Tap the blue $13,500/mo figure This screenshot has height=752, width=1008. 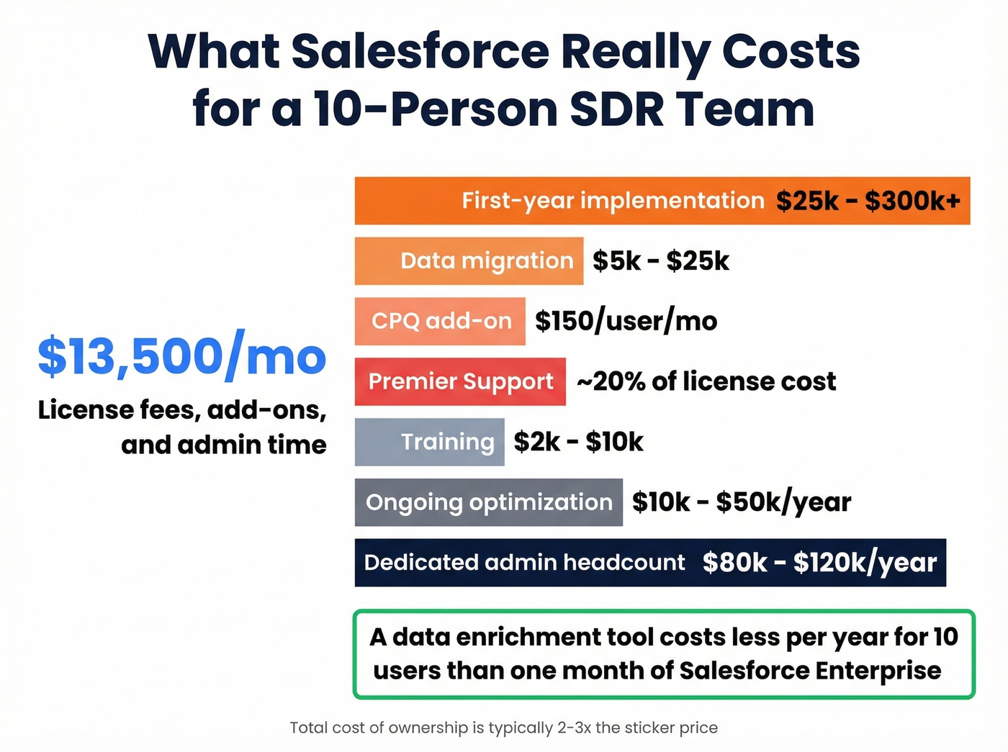pyautogui.click(x=182, y=356)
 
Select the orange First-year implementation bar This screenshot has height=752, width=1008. pyautogui.click(x=562, y=201)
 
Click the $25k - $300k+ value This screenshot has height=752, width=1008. pyautogui.click(x=868, y=201)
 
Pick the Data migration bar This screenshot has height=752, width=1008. pyautogui.click(x=469, y=261)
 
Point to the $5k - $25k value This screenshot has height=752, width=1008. pyautogui.click(x=660, y=261)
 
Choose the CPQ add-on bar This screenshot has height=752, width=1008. pyautogui.click(x=440, y=321)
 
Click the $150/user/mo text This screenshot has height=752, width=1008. pyautogui.click(x=626, y=321)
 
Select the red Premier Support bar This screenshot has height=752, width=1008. pyautogui.click(x=460, y=381)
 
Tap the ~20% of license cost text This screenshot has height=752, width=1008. pyautogui.click(x=706, y=381)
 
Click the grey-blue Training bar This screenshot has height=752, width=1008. pyautogui.click(x=430, y=442)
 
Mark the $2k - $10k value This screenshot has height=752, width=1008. pyautogui.click(x=578, y=442)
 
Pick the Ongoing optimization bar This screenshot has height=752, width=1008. pyautogui.click(x=488, y=502)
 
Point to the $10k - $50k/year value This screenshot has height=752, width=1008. pyautogui.click(x=742, y=502)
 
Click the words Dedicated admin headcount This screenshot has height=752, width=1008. pyautogui.click(x=524, y=563)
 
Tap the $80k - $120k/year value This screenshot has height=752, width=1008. pyautogui.click(x=819, y=563)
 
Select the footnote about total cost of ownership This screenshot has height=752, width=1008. pyautogui.click(x=503, y=728)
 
